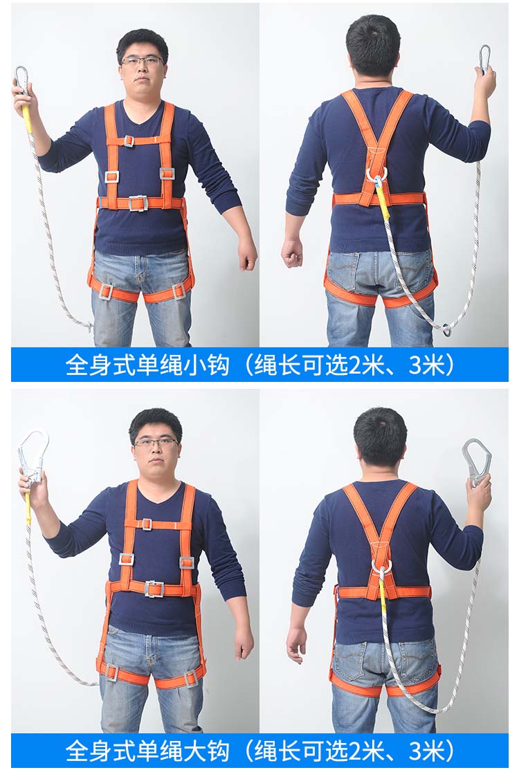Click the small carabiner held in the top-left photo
click(x=21, y=80)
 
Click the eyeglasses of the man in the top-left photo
click(x=142, y=61)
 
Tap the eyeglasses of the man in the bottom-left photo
click(x=156, y=442)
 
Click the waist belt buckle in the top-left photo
click(x=138, y=203)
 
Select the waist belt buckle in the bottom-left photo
click(x=154, y=589)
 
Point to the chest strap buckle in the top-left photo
click(x=129, y=141)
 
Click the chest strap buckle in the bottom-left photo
click(x=146, y=524)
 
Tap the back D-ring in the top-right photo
click(x=376, y=176)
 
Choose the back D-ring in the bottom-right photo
click(x=381, y=566)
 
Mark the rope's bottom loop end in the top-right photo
click(x=446, y=329)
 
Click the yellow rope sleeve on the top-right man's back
click(x=381, y=202)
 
